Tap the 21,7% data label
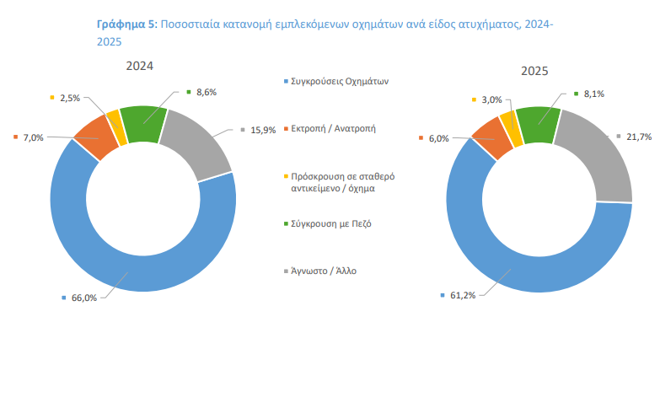coord(638,137)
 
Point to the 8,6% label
coord(207,91)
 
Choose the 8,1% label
coord(593,94)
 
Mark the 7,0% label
coord(33,137)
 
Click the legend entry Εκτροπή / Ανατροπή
coord(333,129)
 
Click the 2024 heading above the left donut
coord(140,65)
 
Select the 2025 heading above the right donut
coord(535,72)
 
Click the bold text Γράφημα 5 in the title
coord(126,26)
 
